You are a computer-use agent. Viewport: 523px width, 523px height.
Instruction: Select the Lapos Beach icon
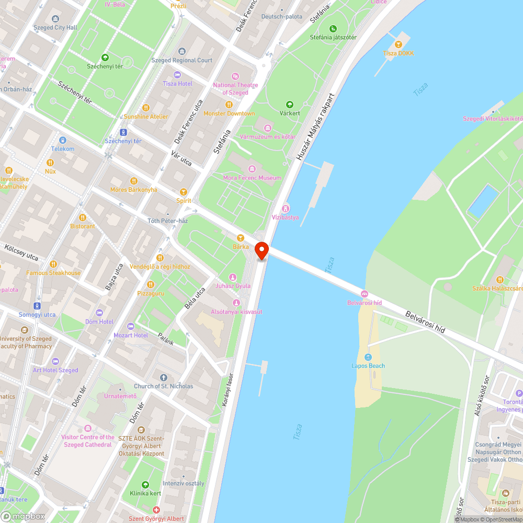pos(368,357)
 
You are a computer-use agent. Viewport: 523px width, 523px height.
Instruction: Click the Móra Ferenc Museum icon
pos(253,168)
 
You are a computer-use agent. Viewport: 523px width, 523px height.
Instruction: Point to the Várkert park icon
pos(290,104)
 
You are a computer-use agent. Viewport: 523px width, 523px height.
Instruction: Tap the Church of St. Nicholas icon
pos(163,377)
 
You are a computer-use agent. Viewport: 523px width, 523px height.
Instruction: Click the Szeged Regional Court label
pos(182,60)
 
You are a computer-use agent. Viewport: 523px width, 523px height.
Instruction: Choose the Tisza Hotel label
pos(177,84)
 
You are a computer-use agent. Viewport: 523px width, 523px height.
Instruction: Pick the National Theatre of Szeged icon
pos(235,76)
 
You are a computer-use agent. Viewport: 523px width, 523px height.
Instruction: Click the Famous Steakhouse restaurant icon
pos(53,264)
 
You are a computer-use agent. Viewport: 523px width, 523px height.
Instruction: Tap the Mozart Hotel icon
pos(131,326)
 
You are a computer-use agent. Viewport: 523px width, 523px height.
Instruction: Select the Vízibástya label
pos(285,217)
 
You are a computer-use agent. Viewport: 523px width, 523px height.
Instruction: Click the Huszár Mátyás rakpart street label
pos(315,127)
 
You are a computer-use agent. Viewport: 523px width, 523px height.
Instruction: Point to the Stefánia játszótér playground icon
pos(333,28)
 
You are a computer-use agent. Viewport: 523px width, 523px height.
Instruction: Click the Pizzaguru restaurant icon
pos(151,284)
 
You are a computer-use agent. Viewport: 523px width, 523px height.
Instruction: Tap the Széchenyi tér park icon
pos(105,58)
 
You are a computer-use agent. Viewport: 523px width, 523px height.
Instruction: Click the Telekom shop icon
pos(63,140)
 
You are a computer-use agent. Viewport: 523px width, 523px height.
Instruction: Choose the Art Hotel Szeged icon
pos(55,361)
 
